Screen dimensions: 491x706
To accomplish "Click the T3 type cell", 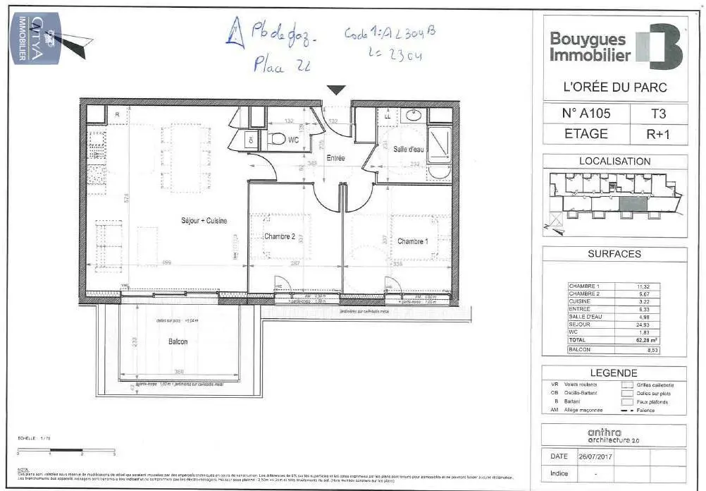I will point(657,112).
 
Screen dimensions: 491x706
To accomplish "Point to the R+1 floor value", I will point(657,133).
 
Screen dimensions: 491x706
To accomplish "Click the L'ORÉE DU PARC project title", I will point(615,87).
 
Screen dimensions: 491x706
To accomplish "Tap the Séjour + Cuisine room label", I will point(204,221).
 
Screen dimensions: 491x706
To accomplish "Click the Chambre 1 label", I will point(412,241).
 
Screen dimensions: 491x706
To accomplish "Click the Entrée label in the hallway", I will point(335,158).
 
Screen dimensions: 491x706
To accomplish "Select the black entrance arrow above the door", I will point(337,90).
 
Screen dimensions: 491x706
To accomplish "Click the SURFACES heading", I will point(614,254).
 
